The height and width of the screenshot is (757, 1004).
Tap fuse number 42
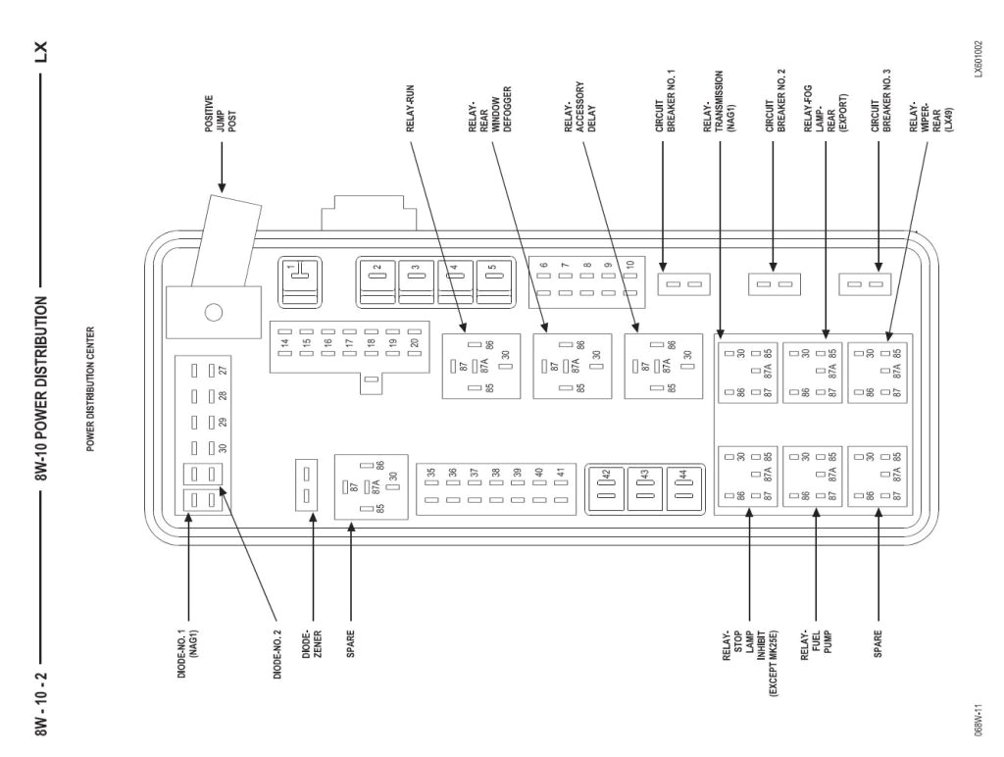click(607, 484)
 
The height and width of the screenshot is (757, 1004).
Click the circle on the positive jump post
click(212, 314)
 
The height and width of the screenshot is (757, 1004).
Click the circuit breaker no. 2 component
click(775, 285)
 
